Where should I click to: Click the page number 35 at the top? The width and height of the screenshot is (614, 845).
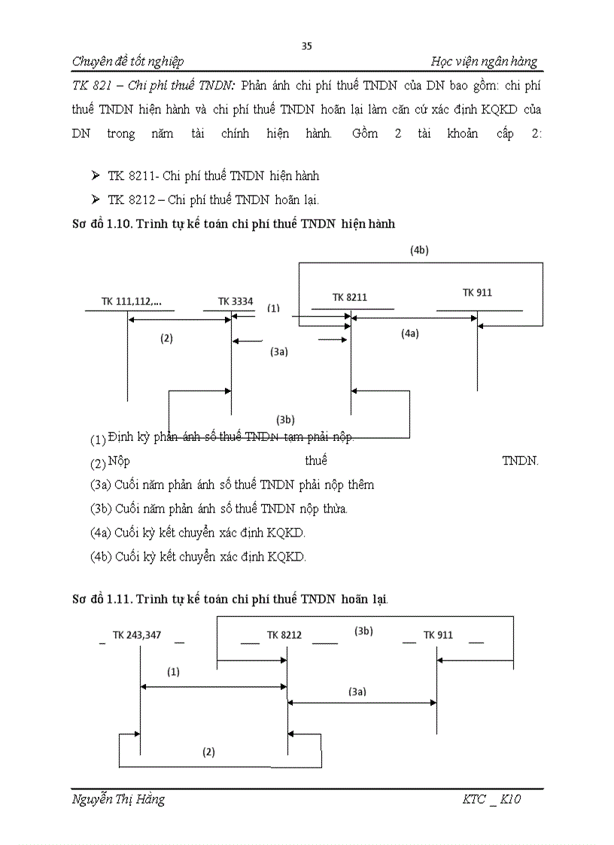coord(306,46)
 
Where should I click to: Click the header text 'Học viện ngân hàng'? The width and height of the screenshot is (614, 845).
coord(485,62)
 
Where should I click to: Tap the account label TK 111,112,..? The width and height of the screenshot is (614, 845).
coord(131,302)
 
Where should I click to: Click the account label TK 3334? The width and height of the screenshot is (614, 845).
coord(235,302)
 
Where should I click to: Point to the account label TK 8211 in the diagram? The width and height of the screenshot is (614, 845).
coord(350,297)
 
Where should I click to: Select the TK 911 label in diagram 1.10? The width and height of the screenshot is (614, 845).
coord(477,293)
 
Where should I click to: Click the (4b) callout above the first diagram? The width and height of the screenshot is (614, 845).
coord(420,251)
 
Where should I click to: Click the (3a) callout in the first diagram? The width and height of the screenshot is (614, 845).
coord(279,351)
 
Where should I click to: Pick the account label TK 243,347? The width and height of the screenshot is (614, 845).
coord(136,635)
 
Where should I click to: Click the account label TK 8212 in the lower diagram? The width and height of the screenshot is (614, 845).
coord(284,635)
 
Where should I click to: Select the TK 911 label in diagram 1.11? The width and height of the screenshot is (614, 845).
coord(438,635)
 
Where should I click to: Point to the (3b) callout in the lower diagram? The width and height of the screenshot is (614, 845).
coord(363,631)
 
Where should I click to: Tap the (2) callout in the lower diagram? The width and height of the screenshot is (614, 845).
coord(209,752)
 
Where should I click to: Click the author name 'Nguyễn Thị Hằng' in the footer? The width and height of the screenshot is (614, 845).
coord(118,799)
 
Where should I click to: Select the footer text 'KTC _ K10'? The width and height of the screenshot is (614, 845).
coord(491,799)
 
